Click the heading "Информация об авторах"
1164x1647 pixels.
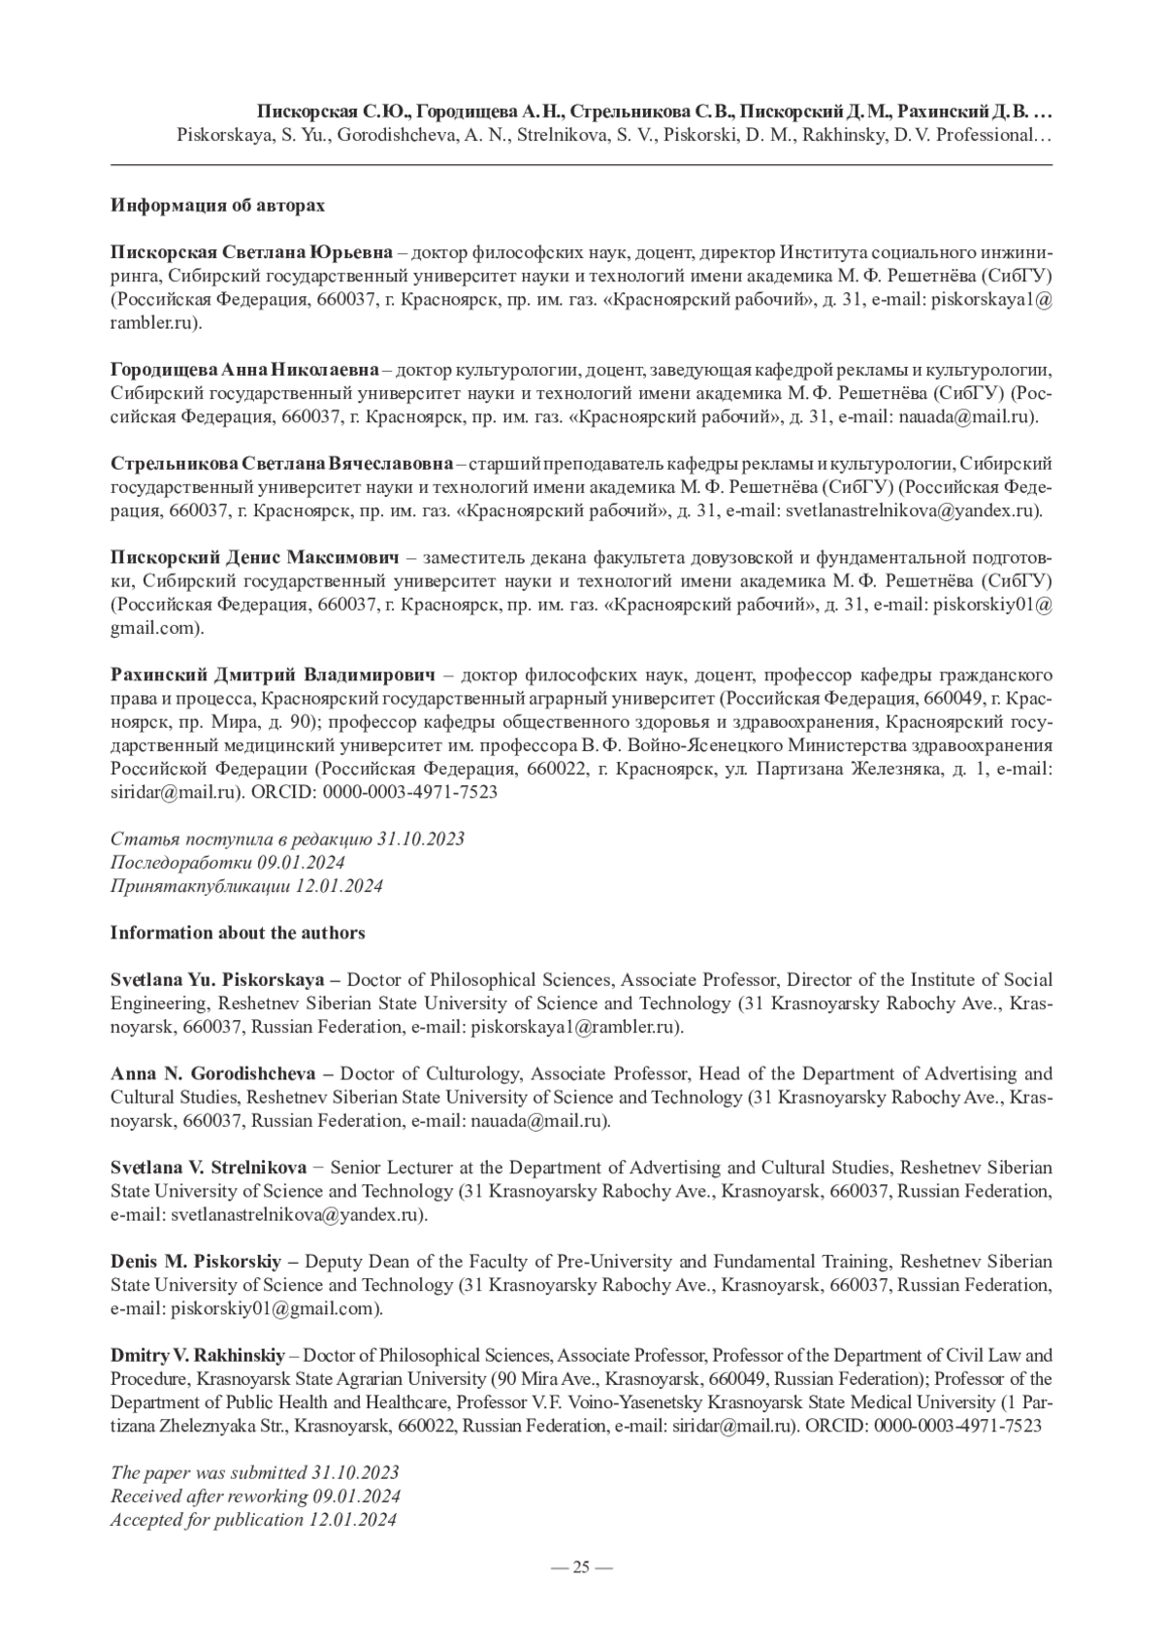tap(217, 206)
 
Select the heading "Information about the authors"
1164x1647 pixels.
tap(238, 933)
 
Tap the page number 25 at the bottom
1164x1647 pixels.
tap(581, 1566)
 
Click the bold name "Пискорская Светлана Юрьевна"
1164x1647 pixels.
tap(251, 253)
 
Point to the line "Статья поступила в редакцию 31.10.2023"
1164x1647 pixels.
tap(287, 839)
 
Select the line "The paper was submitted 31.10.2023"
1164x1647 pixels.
tap(255, 1472)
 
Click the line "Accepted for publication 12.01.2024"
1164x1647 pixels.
tap(253, 1520)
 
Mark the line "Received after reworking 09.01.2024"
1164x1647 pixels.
tap(255, 1497)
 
